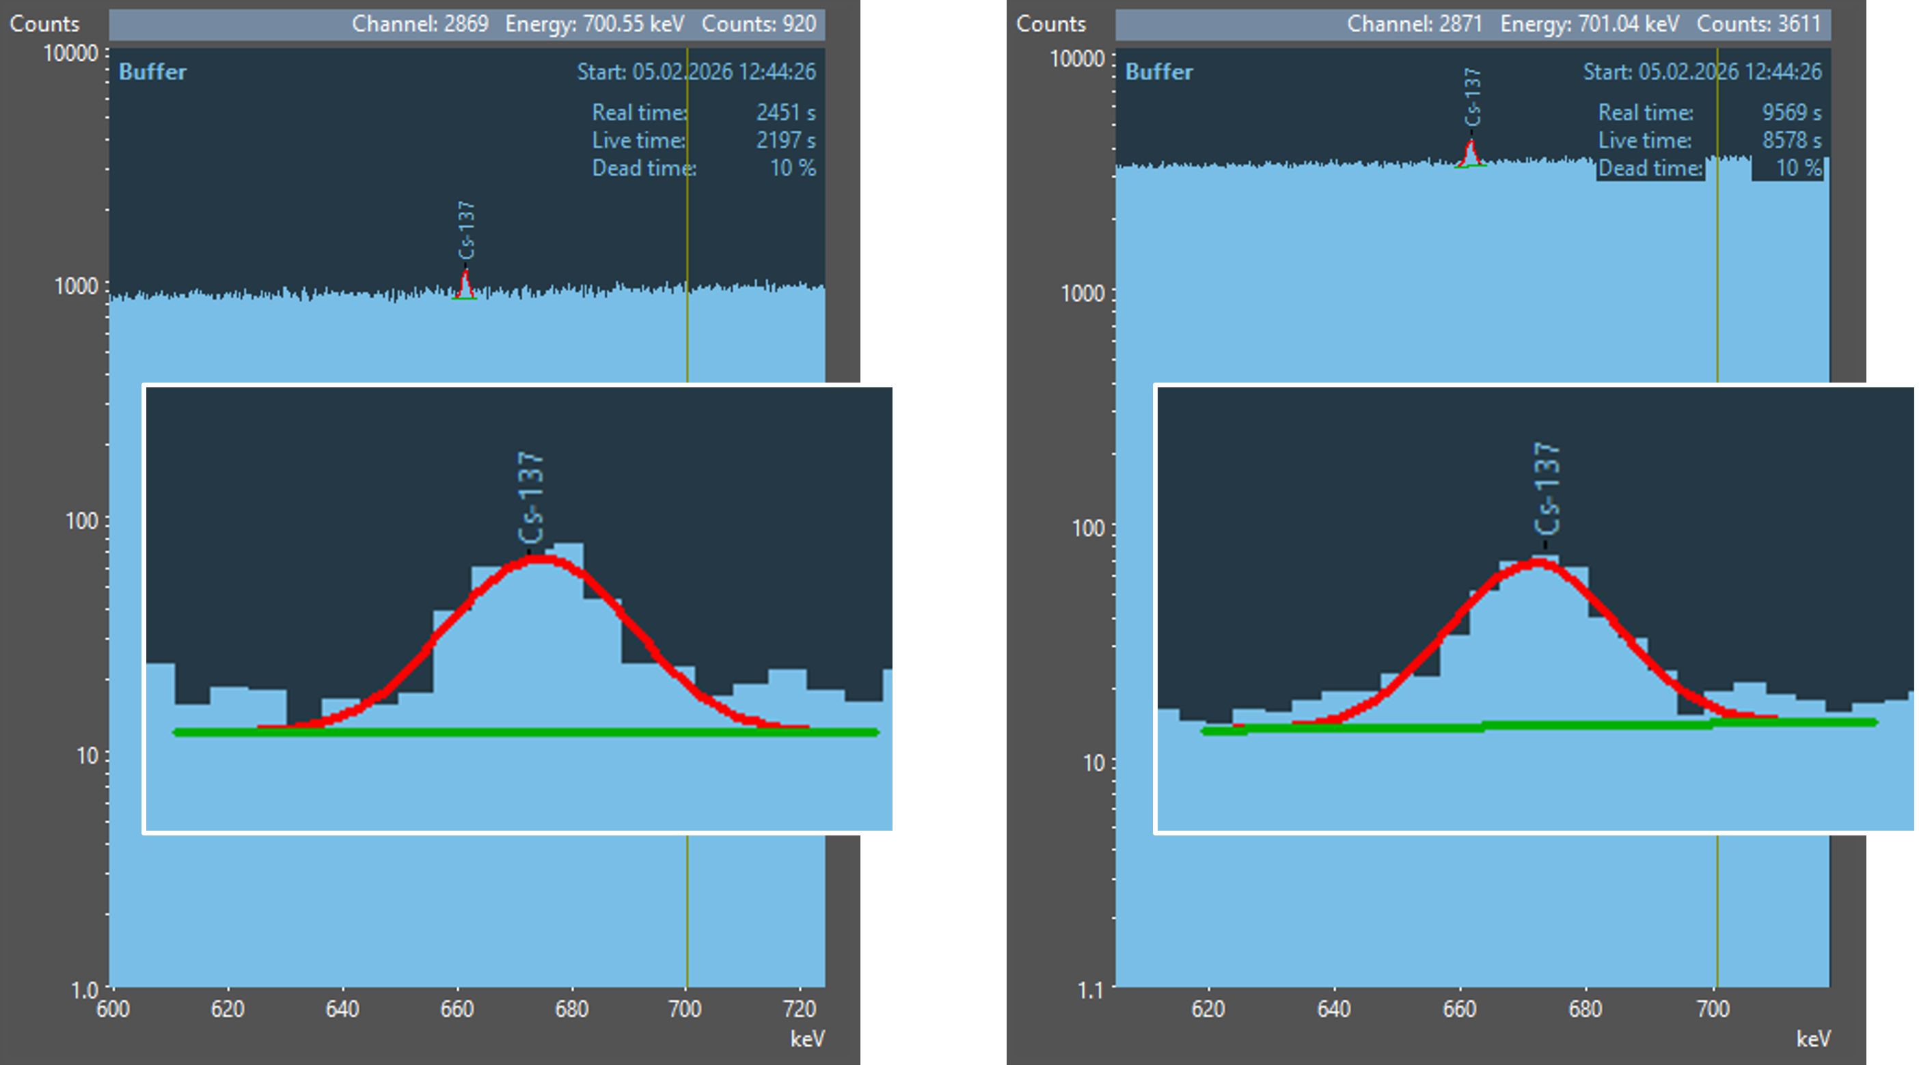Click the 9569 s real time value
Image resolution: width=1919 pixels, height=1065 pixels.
coord(1791,113)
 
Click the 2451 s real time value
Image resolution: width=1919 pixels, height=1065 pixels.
coord(785,113)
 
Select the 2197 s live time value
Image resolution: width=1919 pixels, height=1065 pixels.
coord(785,140)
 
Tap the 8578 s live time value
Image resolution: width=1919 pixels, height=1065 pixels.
coord(1791,140)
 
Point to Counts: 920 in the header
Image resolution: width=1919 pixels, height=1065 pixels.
coord(759,24)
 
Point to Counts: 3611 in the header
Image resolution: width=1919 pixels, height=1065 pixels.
coord(1758,24)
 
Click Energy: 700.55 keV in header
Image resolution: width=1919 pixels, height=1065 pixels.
coord(595,24)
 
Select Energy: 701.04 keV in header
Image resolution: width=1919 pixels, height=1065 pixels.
coord(1590,24)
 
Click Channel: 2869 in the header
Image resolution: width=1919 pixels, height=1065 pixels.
coord(420,24)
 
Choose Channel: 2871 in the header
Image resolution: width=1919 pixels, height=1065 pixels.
coord(1415,24)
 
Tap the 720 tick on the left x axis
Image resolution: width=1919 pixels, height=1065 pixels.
coord(800,1009)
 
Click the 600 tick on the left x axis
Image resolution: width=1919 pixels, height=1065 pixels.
coord(113,1009)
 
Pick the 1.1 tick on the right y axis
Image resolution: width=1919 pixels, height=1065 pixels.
coord(1090,990)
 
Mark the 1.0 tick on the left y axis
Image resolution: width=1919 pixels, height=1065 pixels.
coord(85,990)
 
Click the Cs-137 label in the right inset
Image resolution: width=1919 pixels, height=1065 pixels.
coord(1547,488)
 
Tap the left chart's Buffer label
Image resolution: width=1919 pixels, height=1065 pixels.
coord(152,72)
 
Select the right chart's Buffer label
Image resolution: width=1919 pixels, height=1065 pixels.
coord(1158,72)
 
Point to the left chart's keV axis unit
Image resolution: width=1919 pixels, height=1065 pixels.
coord(808,1039)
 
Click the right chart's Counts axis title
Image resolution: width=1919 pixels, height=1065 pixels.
coord(1050,24)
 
